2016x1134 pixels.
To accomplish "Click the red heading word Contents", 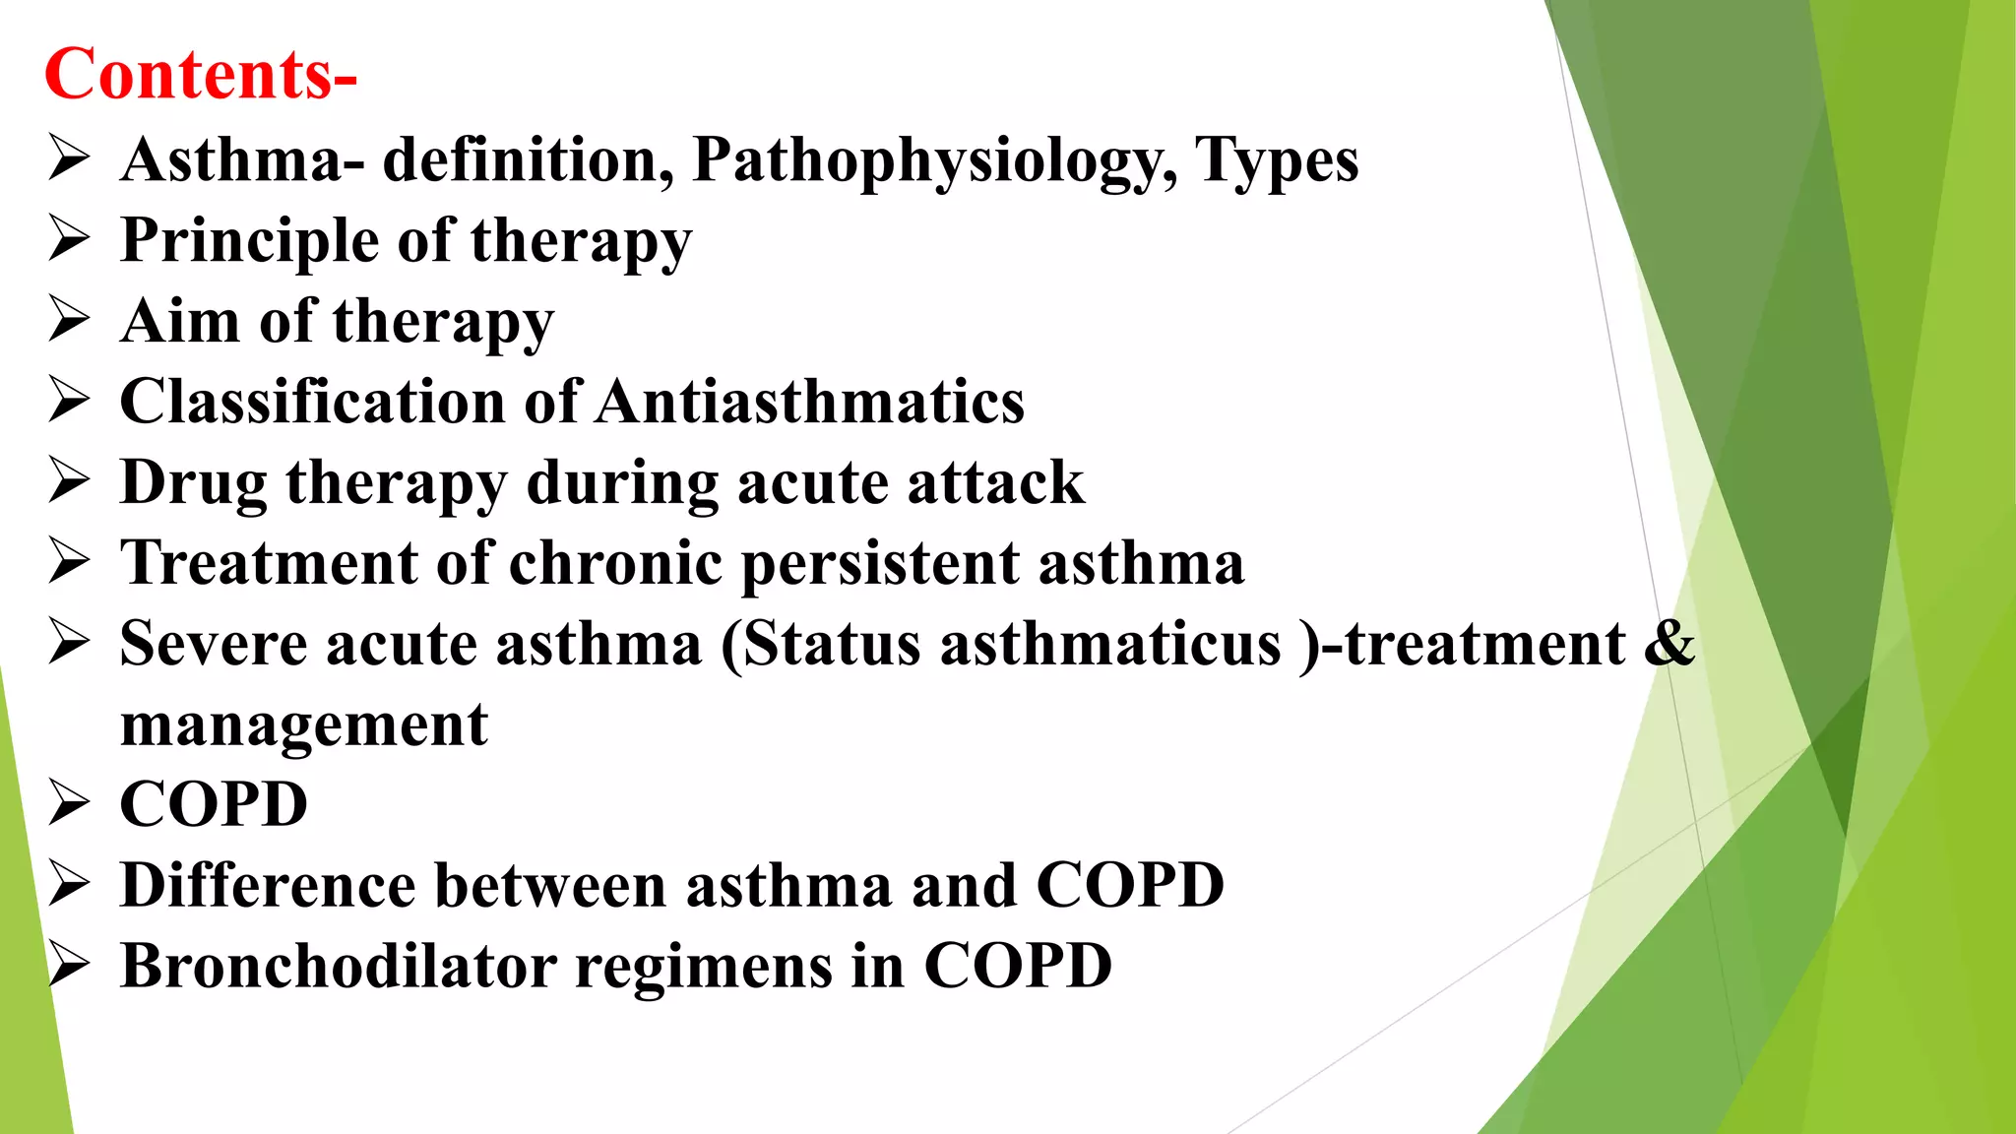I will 187,75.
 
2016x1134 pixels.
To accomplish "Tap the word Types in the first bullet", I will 1277,160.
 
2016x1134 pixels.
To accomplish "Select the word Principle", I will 249,241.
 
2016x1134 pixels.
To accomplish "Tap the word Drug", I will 193,483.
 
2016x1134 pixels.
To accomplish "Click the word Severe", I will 214,644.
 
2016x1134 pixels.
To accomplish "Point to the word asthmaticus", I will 1111,644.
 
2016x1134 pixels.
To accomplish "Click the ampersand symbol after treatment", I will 1669,644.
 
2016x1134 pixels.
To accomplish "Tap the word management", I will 304,725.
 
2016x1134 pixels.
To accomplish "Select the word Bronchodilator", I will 340,966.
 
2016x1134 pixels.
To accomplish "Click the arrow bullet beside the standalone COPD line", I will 69,803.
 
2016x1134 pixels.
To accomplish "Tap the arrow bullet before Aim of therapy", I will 69,321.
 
